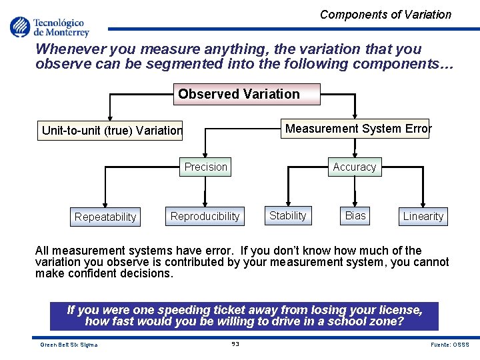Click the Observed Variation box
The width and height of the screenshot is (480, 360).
(x=239, y=94)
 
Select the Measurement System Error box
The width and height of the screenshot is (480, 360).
(x=358, y=129)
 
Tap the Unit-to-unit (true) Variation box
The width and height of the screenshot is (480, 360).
(x=112, y=131)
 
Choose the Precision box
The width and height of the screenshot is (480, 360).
(x=205, y=167)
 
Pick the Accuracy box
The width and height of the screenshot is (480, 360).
(x=354, y=167)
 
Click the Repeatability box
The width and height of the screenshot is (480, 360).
(x=105, y=217)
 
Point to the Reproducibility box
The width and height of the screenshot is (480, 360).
(x=205, y=216)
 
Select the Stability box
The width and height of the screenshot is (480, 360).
(x=287, y=215)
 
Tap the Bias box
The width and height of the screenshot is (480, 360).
(x=355, y=215)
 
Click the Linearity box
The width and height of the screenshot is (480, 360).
(x=423, y=216)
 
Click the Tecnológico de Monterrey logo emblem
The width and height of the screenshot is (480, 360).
(x=19, y=27)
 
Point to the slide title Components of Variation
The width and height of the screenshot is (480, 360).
(x=385, y=15)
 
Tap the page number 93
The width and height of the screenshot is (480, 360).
(x=235, y=344)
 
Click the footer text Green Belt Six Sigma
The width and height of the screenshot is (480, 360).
(x=69, y=345)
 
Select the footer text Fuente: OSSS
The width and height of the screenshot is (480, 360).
(x=450, y=345)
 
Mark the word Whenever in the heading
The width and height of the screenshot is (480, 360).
(x=65, y=49)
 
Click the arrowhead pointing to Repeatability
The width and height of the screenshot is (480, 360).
(x=105, y=205)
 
